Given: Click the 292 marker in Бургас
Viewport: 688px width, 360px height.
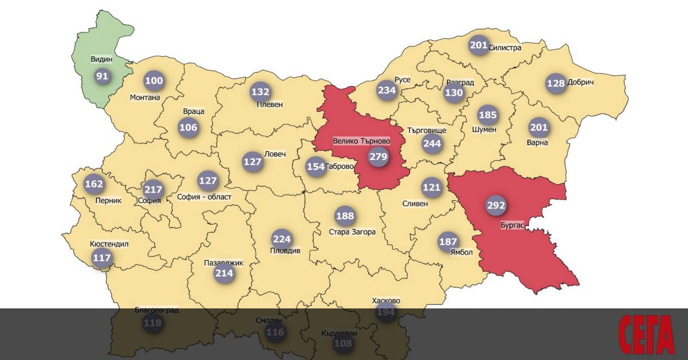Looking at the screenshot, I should click(x=496, y=205).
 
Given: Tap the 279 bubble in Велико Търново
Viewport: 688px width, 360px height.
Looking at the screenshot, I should click(x=378, y=156).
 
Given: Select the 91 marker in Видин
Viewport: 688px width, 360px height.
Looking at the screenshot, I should click(x=102, y=76).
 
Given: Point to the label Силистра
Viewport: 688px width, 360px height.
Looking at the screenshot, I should click(x=505, y=48).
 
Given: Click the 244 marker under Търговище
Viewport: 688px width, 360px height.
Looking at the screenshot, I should click(x=432, y=143).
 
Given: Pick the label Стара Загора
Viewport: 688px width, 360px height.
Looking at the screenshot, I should click(x=352, y=232).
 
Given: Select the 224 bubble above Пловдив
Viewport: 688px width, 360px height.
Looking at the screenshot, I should click(x=282, y=239).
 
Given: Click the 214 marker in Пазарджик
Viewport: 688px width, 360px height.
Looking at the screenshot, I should click(x=224, y=273).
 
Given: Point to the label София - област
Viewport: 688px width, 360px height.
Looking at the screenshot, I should click(x=204, y=197).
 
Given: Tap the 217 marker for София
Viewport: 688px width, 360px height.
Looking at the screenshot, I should click(x=153, y=189).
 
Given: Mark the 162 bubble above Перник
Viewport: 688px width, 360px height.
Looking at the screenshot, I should click(x=94, y=184).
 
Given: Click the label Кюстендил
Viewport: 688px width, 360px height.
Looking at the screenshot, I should click(x=110, y=244).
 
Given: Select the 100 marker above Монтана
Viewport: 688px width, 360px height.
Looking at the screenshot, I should click(x=154, y=81).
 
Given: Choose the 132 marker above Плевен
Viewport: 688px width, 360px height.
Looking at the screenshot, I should click(x=260, y=91).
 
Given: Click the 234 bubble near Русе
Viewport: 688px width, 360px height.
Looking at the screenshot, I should click(x=387, y=90).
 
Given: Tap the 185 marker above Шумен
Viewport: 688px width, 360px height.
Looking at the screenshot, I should click(x=487, y=115).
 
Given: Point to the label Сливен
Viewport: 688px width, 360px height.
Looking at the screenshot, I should click(x=415, y=203).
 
